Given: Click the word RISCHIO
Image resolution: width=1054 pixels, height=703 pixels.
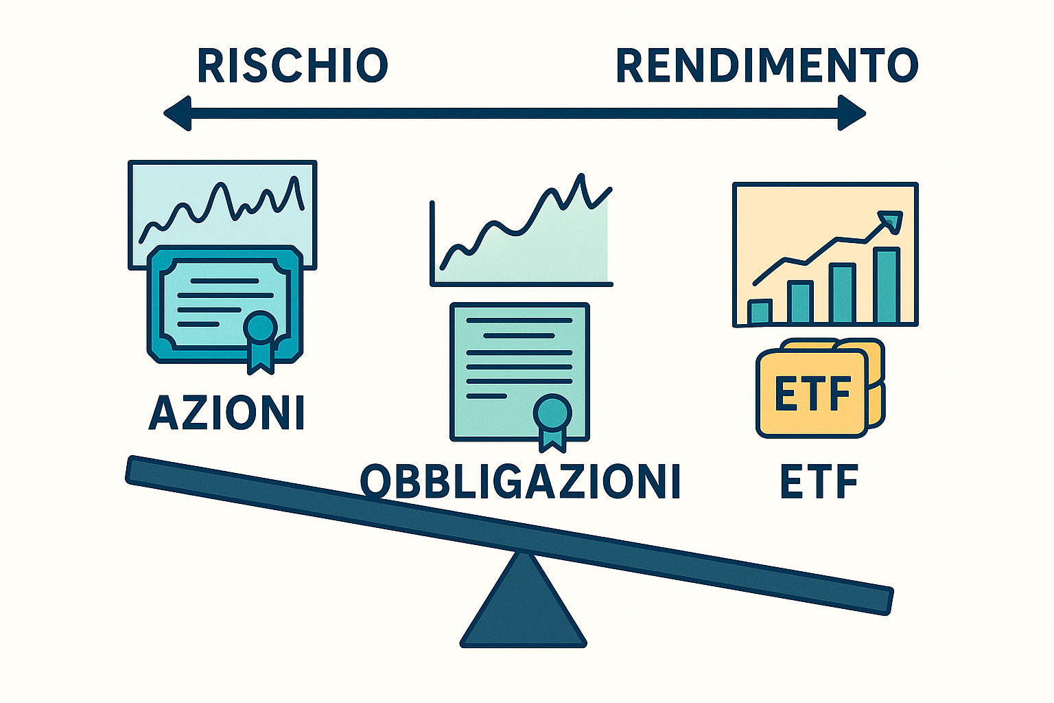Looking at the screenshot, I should (293, 66).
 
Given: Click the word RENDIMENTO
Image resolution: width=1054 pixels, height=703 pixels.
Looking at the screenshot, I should (766, 66).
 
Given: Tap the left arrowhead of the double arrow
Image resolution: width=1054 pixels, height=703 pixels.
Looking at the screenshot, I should (177, 113).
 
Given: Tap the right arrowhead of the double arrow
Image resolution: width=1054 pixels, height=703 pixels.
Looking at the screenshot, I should (852, 113).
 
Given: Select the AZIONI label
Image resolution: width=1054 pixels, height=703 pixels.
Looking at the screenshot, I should (226, 413).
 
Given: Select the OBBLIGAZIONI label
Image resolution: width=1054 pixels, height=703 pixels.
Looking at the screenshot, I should (520, 481).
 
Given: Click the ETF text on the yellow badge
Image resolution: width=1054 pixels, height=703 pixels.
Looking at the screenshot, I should (812, 394).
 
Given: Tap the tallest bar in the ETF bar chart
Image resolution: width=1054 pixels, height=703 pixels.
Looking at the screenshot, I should (887, 285).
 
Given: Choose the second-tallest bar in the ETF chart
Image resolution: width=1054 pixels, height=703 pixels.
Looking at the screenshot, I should (843, 293).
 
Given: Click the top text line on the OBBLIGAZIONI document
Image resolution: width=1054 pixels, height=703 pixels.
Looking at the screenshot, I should (519, 321).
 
